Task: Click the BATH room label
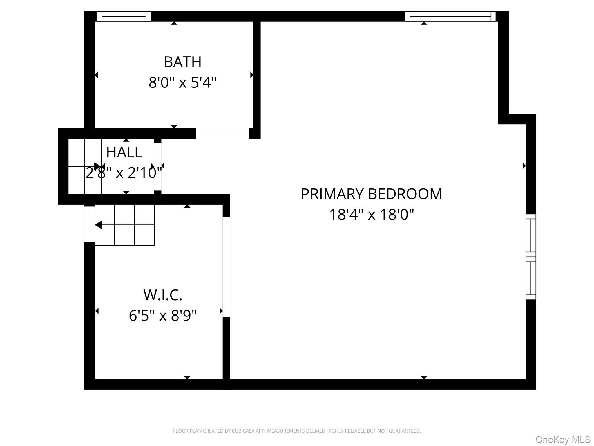point(182,62)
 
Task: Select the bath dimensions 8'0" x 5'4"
point(182,82)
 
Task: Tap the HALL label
point(124,152)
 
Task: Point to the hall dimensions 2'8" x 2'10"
point(124,173)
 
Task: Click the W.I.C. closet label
point(163,295)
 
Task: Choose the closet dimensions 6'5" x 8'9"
point(163,315)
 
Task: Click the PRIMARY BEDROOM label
point(371,194)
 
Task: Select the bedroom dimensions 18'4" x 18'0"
point(371,215)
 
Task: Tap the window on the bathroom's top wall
point(124,16)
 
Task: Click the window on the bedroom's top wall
point(450,16)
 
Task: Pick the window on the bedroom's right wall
point(531,257)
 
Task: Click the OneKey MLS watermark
point(563,439)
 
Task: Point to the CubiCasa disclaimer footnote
point(297,431)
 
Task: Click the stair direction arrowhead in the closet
point(98,225)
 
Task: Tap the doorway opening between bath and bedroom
point(222,133)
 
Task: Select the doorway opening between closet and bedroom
point(226,267)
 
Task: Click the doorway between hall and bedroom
point(158,167)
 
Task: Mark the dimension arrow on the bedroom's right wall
point(524,166)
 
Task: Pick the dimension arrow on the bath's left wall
point(96,75)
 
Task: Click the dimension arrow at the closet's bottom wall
point(187,377)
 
